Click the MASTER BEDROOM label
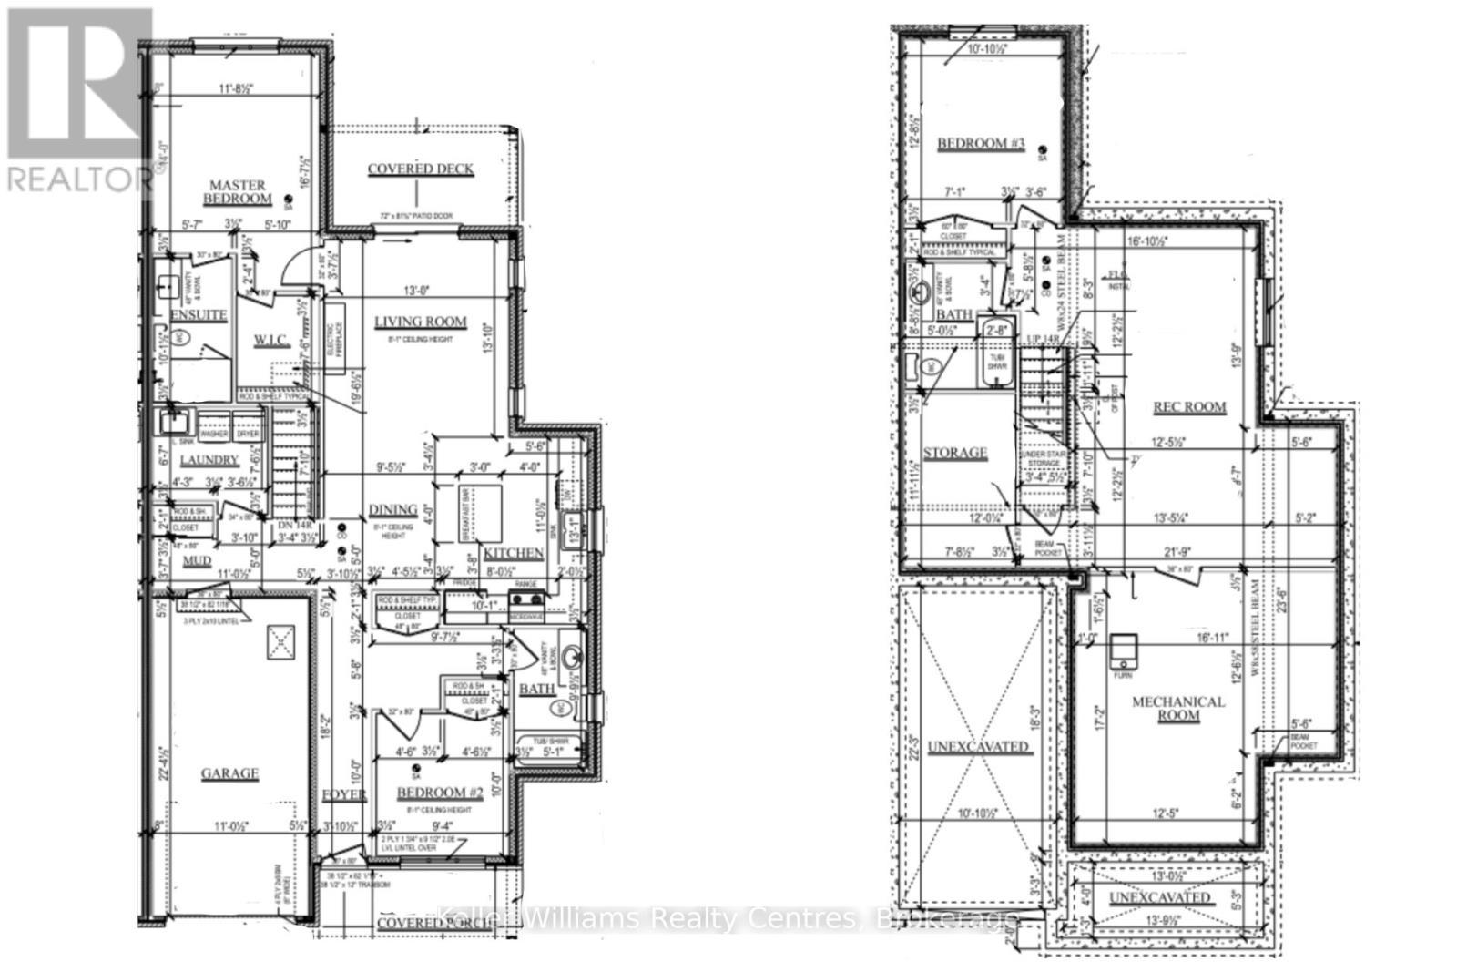[237, 191]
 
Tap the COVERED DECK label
[420, 169]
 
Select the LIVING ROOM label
[421, 322]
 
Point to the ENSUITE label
[199, 315]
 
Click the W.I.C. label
[271, 341]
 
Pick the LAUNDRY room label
[209, 461]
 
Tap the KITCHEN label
[514, 554]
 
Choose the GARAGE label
[229, 773]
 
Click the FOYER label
[344, 795]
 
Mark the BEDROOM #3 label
[981, 143]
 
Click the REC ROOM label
[1189, 407]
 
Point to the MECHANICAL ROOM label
[1177, 709]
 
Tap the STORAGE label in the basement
[954, 453]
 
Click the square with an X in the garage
[281, 642]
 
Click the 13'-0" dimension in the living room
[416, 291]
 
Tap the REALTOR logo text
[79, 179]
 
